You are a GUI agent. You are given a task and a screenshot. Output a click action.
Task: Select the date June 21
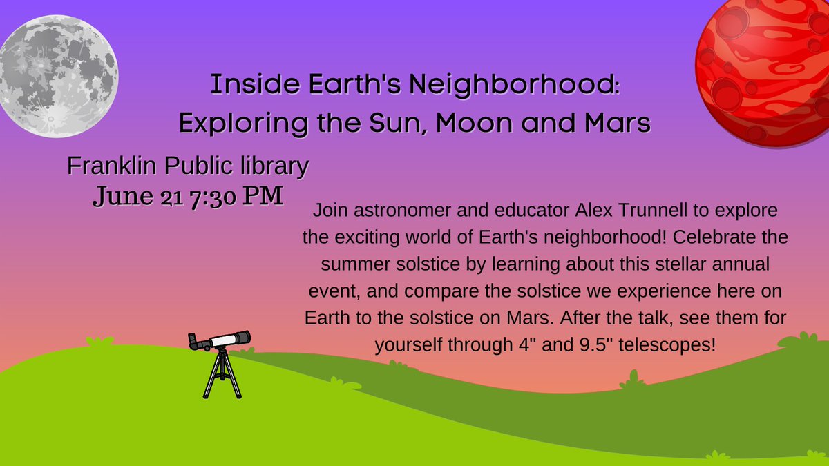(137, 196)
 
